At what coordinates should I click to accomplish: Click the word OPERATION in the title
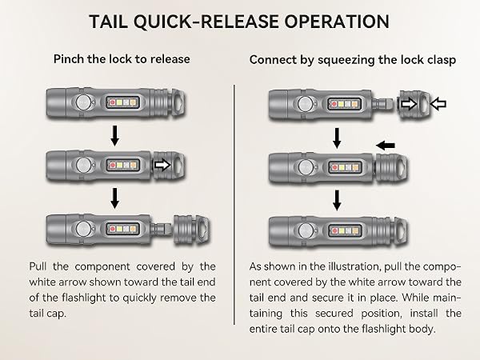tap(337, 22)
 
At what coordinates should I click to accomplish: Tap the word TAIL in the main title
tap(109, 22)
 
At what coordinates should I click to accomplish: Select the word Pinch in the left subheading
tap(69, 58)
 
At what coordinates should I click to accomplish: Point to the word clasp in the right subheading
tap(442, 60)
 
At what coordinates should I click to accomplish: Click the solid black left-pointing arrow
tap(386, 145)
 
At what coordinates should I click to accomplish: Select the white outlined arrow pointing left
tap(438, 104)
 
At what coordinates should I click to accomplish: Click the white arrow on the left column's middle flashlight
tap(162, 165)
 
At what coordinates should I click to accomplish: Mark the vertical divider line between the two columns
tap(234, 205)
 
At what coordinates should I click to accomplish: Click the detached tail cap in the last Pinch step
tap(192, 230)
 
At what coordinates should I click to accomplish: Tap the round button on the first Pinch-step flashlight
tap(83, 102)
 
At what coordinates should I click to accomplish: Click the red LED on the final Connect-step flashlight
tap(334, 231)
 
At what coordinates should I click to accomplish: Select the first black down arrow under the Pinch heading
tap(114, 135)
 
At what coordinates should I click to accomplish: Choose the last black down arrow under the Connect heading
tap(337, 200)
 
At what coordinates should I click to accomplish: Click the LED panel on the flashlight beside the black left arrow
tap(345, 167)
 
